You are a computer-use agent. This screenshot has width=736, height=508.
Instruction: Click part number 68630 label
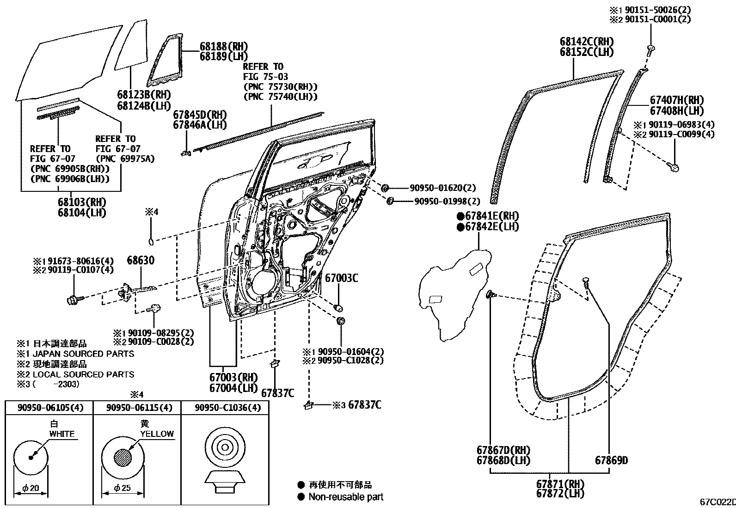[141, 261]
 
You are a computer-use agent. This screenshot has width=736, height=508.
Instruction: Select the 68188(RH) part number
[224, 46]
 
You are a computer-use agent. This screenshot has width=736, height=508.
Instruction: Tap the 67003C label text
[342, 278]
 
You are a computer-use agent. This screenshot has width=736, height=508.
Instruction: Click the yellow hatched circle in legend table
[123, 458]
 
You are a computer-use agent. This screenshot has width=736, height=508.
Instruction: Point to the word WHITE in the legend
[62, 434]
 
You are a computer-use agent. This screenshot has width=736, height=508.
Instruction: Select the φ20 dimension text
[31, 488]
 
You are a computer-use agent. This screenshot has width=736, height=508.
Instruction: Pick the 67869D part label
[611, 460]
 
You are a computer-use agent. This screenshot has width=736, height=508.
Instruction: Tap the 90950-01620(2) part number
[442, 188]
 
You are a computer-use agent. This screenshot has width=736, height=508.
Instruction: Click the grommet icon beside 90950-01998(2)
[390, 200]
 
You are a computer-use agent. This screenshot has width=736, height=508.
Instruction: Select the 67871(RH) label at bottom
[560, 484]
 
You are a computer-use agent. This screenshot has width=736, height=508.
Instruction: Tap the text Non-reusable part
[346, 497]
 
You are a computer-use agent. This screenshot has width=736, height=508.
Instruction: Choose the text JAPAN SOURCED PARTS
[83, 354]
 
